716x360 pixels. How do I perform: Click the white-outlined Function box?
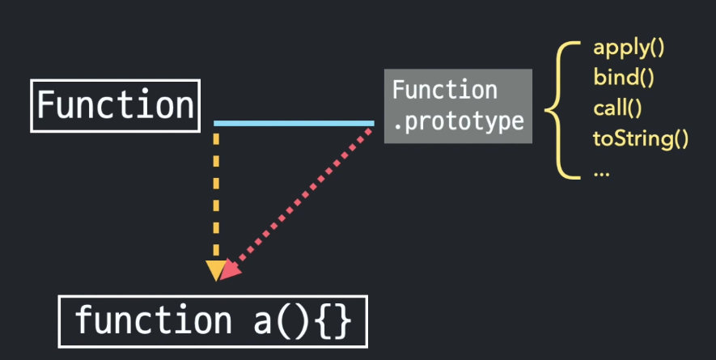[114, 105]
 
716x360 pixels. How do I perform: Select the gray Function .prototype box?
[458, 106]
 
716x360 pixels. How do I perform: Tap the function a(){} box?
[214, 320]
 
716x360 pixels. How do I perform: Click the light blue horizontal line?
[294, 124]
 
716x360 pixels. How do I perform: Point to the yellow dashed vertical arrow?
[216, 194]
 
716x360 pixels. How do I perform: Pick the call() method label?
[617, 108]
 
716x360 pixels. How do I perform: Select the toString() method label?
[640, 138]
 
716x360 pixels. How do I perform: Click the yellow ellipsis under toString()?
[601, 172]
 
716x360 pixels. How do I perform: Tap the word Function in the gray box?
[445, 90]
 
